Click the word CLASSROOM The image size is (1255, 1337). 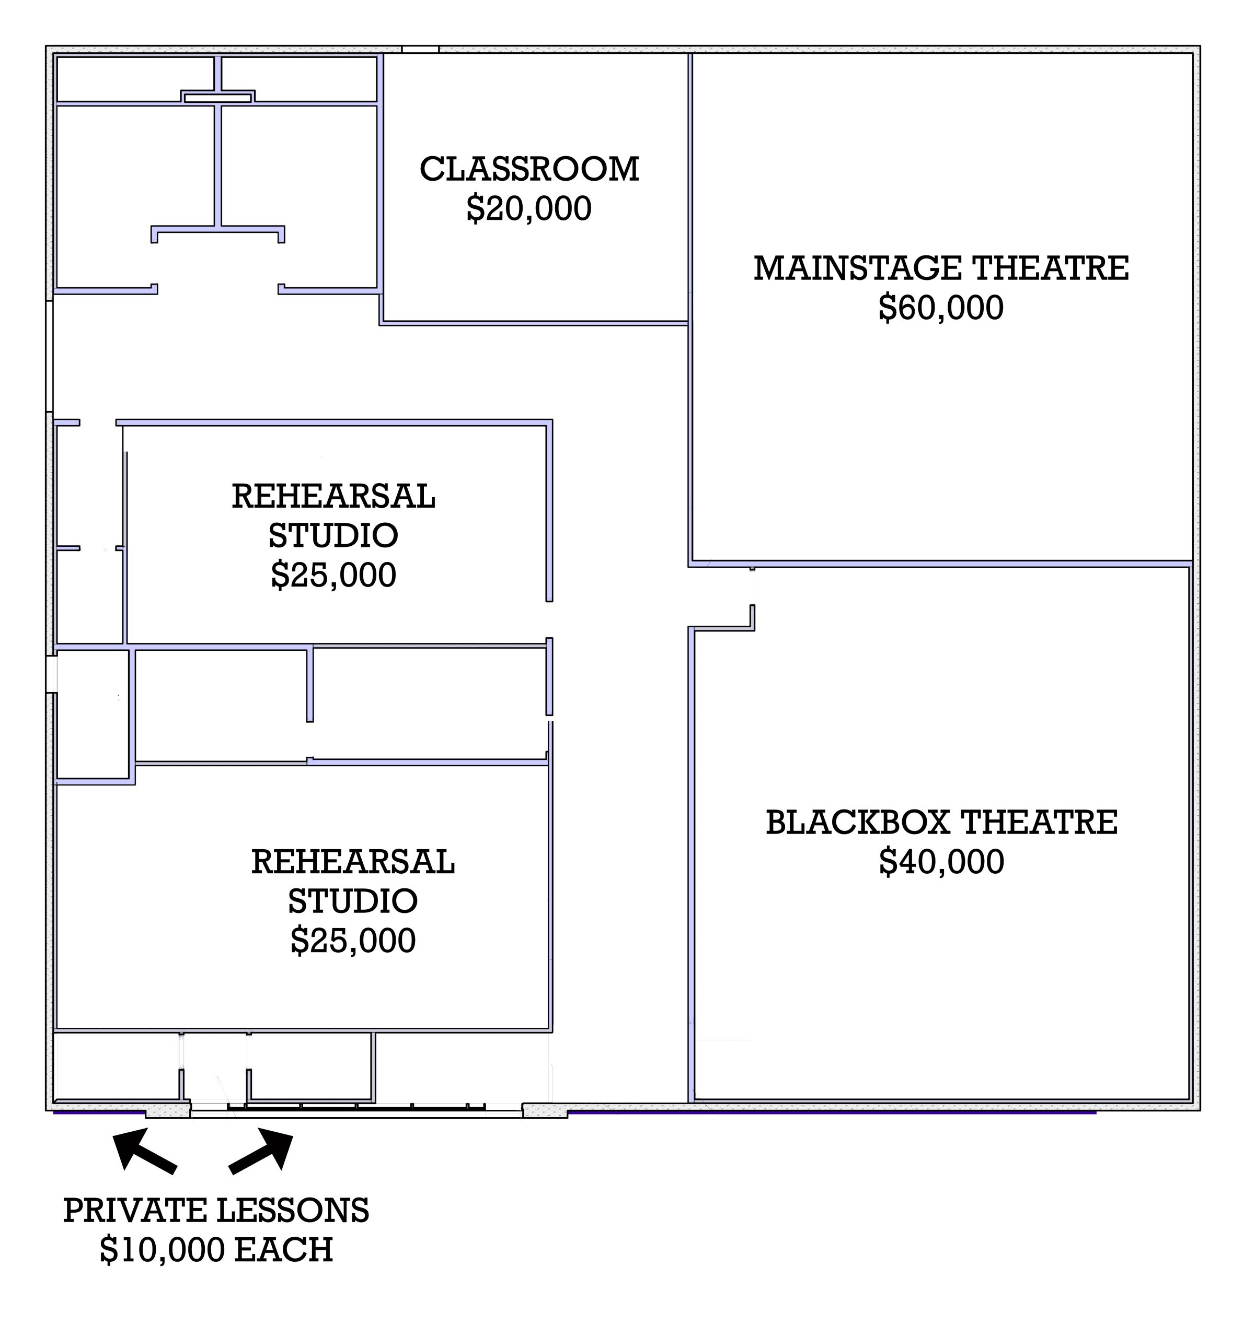click(x=529, y=169)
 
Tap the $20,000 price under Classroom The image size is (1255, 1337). click(x=529, y=208)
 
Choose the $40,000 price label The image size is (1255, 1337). click(x=941, y=862)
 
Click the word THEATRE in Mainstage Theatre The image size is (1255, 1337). click(x=1051, y=268)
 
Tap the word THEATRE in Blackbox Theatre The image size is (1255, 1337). click(x=1039, y=823)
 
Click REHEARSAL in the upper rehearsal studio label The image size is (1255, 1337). click(x=334, y=497)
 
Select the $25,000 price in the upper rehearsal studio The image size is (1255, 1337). click(x=334, y=576)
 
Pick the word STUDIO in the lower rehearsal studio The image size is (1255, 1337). click(x=353, y=901)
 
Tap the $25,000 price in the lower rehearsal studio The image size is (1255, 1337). click(x=353, y=941)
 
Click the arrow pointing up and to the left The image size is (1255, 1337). click(x=144, y=1152)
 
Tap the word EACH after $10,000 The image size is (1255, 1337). click(x=284, y=1250)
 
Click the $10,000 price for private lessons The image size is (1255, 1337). click(x=162, y=1251)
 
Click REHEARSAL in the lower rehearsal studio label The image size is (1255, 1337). click(x=353, y=862)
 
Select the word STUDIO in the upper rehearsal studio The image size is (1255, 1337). click(x=334, y=536)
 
